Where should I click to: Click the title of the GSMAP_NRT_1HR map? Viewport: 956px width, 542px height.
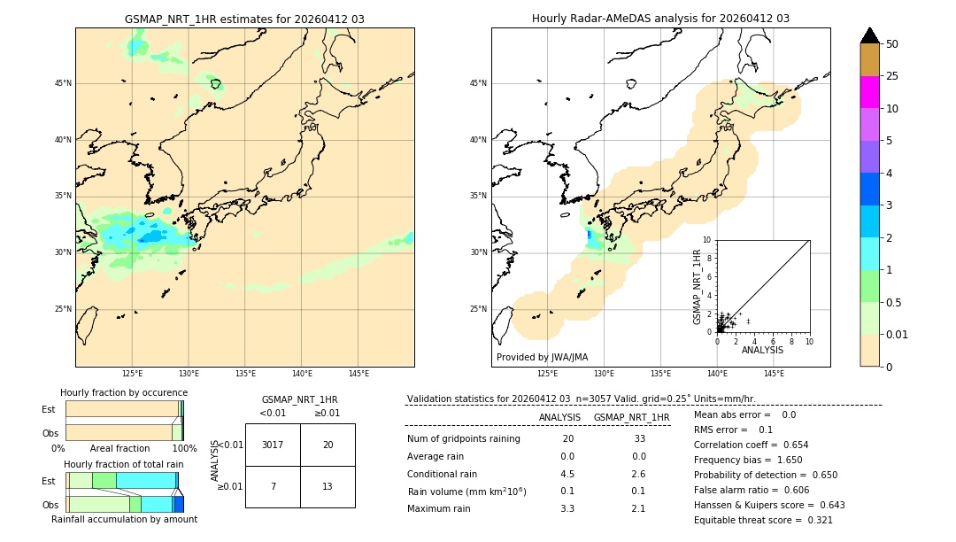(244, 19)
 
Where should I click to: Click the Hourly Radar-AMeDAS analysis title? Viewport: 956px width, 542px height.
(660, 19)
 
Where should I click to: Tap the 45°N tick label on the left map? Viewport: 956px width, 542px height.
(64, 83)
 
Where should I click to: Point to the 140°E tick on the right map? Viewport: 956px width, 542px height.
(717, 374)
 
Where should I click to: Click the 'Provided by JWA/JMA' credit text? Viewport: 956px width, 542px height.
(542, 357)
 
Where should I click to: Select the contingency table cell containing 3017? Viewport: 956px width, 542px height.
(273, 445)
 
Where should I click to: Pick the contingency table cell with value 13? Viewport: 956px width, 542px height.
(328, 486)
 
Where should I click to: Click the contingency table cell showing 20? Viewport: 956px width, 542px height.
(328, 445)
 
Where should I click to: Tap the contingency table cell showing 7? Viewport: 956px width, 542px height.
(273, 486)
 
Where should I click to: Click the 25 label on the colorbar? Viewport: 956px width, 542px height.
(892, 76)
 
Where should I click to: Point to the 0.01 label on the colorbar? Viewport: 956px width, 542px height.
(896, 334)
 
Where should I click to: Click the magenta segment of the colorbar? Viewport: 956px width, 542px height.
(869, 92)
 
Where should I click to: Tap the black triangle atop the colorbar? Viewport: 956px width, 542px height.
(869, 35)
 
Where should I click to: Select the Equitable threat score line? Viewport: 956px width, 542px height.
(763, 520)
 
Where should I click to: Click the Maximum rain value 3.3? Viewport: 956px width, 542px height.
(567, 508)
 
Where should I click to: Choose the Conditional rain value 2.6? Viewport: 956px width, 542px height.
(638, 474)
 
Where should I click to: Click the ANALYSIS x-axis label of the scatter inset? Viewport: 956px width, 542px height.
(762, 350)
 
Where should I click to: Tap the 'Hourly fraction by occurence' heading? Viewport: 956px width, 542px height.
(124, 392)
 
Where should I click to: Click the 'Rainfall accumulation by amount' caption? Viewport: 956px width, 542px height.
(125, 519)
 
